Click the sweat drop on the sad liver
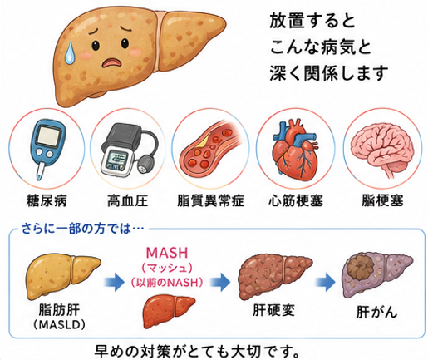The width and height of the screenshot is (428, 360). click(x=69, y=52)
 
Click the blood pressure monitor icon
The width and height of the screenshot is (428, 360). click(x=129, y=149)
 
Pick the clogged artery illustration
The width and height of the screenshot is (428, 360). click(x=210, y=146)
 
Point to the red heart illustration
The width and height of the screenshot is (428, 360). click(x=294, y=150)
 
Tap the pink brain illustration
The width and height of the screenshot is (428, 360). click(x=382, y=150)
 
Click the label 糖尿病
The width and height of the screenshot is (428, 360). click(x=47, y=200)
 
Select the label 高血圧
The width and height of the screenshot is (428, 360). click(x=128, y=200)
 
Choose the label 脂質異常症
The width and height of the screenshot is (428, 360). click(x=210, y=200)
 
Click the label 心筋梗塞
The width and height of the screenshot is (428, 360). click(x=296, y=200)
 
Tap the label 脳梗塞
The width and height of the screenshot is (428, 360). click(x=382, y=200)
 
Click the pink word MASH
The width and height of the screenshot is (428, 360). click(x=167, y=253)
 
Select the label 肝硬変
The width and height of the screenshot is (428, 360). click(x=273, y=310)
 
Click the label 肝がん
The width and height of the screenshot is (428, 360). click(x=376, y=313)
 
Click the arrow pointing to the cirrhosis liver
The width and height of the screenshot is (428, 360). click(x=220, y=282)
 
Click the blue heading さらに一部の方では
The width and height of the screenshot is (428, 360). click(x=83, y=229)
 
